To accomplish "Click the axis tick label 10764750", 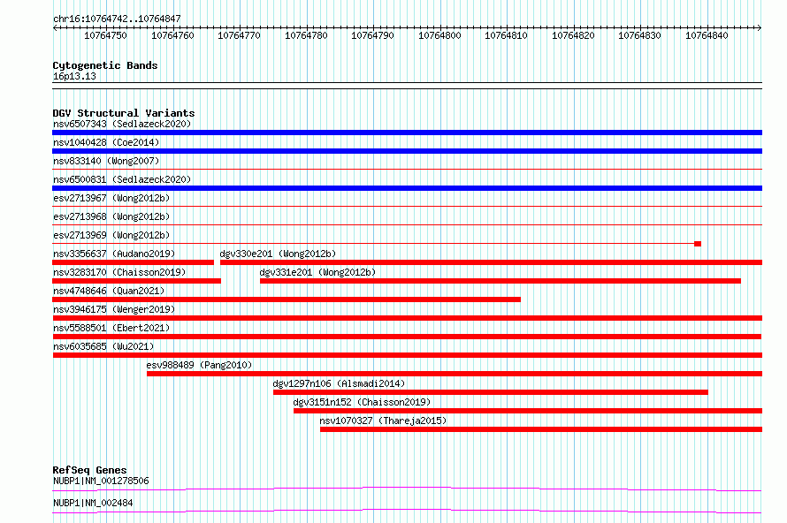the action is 105,35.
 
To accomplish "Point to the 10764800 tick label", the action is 439,35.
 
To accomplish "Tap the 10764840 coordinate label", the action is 707,35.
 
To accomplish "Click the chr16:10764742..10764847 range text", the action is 117,19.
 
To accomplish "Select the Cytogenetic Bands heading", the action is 105,65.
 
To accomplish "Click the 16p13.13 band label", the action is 74,76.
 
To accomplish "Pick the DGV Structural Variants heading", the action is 124,113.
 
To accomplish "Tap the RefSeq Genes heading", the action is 90,470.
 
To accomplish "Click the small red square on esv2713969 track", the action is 698,244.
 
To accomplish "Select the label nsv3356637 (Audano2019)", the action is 114,254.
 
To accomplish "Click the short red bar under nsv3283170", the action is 136,281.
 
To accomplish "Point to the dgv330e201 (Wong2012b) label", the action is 278,254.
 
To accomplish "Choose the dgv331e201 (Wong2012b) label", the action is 317,272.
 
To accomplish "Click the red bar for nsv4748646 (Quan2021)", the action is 287,299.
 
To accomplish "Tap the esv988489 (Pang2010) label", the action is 199,365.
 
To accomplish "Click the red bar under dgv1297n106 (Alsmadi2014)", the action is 491,392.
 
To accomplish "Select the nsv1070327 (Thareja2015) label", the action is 383,421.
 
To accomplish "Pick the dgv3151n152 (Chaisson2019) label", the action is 362,402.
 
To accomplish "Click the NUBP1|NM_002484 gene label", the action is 93,503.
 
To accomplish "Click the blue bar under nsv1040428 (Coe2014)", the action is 407,151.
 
